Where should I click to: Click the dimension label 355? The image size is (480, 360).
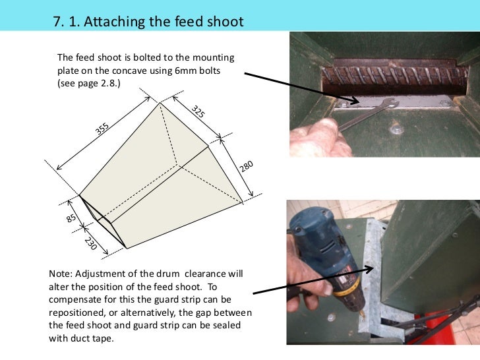pos(102,129)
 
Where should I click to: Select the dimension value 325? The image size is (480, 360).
pos(198,111)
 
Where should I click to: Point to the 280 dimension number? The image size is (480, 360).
pos(246,166)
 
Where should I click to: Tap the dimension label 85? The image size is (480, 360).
pos(71,218)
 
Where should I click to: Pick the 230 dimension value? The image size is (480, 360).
pos(90,243)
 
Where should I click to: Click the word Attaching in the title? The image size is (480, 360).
pos(114,22)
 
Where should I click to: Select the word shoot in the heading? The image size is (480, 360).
pos(225,21)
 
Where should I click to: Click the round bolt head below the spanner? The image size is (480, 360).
pos(396,129)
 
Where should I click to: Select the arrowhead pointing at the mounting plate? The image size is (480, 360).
pos(355,100)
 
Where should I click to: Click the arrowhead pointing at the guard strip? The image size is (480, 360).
pos(369,269)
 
